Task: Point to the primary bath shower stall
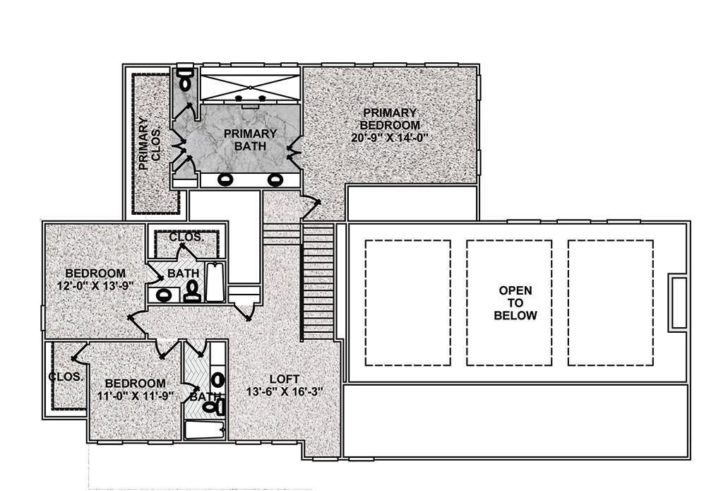point(251,85)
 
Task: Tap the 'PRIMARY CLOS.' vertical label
point(149,144)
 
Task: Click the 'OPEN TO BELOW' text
point(515,303)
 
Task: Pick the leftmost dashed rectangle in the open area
point(407,302)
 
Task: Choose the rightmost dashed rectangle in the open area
point(610,302)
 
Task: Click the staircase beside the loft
point(317,283)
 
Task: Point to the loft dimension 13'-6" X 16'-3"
point(285,392)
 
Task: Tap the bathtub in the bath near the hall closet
point(215,283)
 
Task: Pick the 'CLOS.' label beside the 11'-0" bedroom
point(66,377)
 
